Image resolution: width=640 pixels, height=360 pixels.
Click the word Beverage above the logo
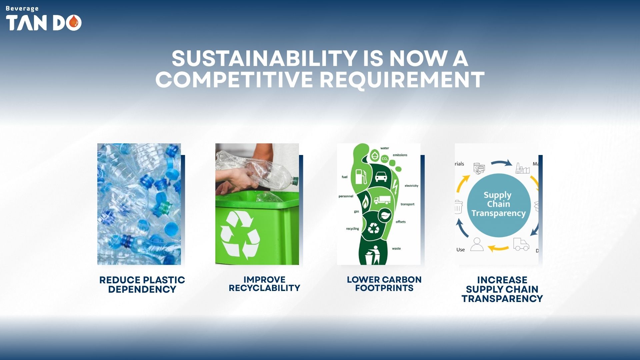[x=22, y=9]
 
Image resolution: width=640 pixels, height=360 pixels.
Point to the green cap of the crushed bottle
[x=295, y=181]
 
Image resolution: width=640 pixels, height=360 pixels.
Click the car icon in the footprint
[x=381, y=176]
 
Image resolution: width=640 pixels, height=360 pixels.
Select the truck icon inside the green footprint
[x=382, y=200]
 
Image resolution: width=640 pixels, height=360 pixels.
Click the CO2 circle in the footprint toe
[x=385, y=159]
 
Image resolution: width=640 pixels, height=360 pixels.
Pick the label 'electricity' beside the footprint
[x=411, y=186]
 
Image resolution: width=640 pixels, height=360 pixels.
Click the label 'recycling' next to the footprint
[x=352, y=229]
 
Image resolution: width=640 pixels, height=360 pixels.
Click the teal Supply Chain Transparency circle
[x=499, y=205]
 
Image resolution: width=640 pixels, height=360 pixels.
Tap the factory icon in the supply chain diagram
[x=522, y=168]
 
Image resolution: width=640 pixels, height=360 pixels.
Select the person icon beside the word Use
[x=477, y=244]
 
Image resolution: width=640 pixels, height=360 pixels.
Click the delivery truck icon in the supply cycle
[x=521, y=244]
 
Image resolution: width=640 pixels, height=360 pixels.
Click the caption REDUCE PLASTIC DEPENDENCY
[x=142, y=285]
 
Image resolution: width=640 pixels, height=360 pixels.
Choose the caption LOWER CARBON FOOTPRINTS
[x=384, y=284]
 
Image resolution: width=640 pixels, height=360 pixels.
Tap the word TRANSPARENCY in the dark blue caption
[x=502, y=299]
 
